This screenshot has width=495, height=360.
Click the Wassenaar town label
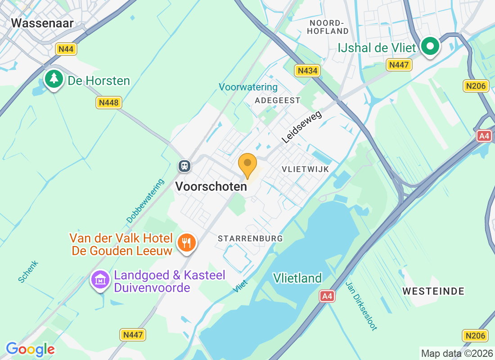(x=42, y=23)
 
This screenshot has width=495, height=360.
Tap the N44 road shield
(x=66, y=49)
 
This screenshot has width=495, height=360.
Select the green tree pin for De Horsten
(x=54, y=79)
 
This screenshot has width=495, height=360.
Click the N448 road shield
(x=108, y=103)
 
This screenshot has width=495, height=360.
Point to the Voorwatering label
(x=248, y=87)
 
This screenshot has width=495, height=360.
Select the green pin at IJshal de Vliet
(x=430, y=46)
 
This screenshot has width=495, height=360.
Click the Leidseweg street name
(x=302, y=127)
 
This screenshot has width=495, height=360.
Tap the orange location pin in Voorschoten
(x=247, y=165)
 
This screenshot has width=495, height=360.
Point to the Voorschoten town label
(x=211, y=186)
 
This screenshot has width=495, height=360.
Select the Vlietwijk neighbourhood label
(x=306, y=169)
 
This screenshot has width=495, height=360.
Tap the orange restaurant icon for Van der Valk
(x=186, y=243)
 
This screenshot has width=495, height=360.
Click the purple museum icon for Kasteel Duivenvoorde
(x=101, y=280)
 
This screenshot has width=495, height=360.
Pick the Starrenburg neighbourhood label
(x=250, y=238)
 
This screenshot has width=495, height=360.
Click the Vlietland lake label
(x=297, y=278)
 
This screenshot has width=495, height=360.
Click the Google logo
(x=30, y=349)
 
